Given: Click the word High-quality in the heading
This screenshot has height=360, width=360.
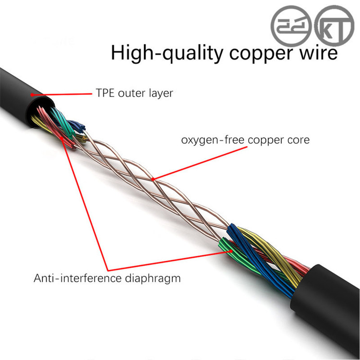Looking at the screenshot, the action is click(x=167, y=53).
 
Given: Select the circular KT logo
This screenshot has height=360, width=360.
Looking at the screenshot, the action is click(x=334, y=26).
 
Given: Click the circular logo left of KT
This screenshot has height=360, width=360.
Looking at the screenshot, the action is click(x=291, y=26).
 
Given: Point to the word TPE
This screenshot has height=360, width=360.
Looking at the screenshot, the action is click(x=105, y=93).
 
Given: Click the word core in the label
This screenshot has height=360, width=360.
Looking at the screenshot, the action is click(x=299, y=140).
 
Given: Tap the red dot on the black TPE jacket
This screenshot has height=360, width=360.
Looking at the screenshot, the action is click(x=32, y=95).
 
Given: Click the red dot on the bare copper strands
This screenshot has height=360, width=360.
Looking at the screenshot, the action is click(x=154, y=179).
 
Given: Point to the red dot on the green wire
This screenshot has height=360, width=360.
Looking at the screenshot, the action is click(x=230, y=251).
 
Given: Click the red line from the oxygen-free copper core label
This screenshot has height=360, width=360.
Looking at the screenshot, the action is click(x=200, y=163).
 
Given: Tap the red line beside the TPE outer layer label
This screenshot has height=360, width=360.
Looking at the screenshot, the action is click(x=62, y=94).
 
